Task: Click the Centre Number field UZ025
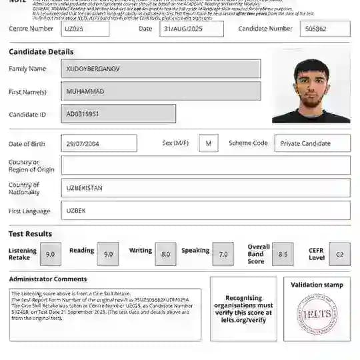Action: [85, 29]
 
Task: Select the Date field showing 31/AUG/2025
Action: [192, 29]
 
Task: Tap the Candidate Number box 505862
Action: [325, 29]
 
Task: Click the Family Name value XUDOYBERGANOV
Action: [161, 69]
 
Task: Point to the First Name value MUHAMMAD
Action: [161, 91]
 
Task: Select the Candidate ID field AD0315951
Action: [119, 114]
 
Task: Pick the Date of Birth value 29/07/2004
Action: [99, 143]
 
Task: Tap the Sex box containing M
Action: [209, 143]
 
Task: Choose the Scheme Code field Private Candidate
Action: [313, 143]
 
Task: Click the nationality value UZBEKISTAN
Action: [205, 188]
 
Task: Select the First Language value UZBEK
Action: [205, 211]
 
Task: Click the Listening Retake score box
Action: [51, 254]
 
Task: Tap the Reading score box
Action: [108, 254]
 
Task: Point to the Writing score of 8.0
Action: [166, 254]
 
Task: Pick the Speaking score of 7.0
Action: [223, 254]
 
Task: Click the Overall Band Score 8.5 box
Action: [283, 254]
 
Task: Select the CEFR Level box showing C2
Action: [339, 254]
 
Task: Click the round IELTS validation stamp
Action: [317, 314]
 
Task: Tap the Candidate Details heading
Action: [41, 52]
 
